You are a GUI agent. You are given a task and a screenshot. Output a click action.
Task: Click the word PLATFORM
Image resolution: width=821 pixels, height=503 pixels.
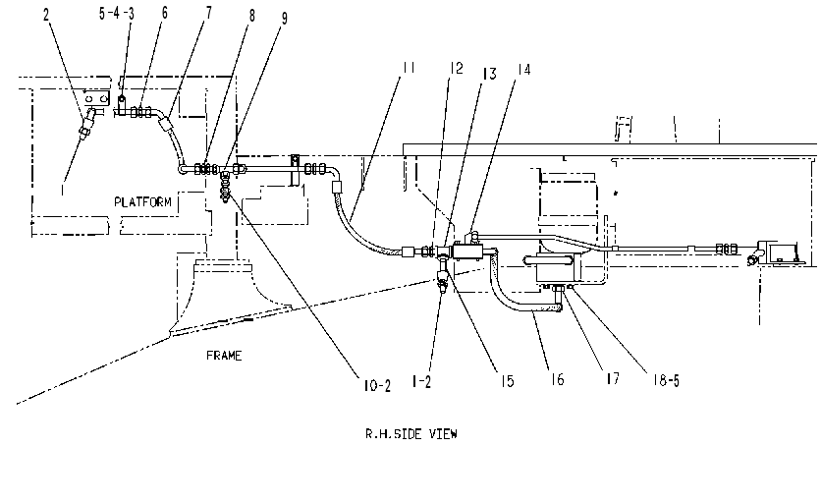coord(142,201)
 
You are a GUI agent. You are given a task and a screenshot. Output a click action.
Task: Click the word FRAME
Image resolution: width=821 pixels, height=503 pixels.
coord(224,356)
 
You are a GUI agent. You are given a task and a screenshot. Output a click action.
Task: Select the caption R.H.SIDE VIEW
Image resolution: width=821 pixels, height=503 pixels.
coord(411,434)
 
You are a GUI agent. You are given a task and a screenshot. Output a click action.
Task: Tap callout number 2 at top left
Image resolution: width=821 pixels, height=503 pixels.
coord(46,14)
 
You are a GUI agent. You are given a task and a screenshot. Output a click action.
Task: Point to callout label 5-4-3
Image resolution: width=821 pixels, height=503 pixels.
coord(116,13)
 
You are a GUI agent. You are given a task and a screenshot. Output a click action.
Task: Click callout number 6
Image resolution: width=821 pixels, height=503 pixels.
coord(164,13)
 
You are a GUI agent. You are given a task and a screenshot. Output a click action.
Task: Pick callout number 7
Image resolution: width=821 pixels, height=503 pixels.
coord(208,13)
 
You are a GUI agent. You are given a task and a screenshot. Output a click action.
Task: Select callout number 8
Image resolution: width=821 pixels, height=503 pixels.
coord(251,16)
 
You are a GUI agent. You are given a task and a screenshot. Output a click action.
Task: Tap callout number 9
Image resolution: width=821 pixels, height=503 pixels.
coord(285,19)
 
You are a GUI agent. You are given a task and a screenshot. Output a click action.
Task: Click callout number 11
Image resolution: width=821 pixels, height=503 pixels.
coord(409,68)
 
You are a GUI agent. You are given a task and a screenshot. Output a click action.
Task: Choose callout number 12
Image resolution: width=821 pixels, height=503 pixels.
coord(456,68)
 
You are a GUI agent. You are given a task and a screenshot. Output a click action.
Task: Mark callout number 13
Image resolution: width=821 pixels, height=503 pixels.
coord(489,74)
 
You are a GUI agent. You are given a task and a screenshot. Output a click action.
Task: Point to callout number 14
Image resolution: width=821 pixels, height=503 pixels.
coord(523,69)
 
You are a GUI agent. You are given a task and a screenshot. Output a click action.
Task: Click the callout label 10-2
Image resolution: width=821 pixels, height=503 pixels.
coord(377,386)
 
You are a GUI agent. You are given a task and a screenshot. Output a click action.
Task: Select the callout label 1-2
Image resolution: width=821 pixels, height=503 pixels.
coord(421,382)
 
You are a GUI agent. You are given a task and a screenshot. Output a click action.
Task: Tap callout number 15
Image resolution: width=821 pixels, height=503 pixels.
coord(507,381)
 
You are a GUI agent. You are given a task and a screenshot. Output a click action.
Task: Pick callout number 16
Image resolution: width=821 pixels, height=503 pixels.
coord(557,379)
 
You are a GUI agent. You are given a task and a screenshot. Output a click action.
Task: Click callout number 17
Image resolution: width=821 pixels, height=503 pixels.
coord(613,378)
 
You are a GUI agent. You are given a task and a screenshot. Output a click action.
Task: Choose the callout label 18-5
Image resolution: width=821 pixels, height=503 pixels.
coord(666,380)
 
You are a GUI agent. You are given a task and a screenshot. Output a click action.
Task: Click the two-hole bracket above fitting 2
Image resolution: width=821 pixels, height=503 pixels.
coord(97,98)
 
